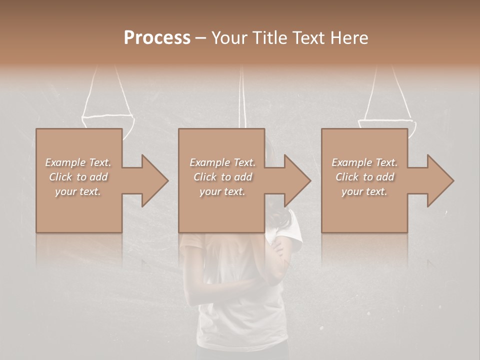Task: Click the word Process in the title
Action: tap(157, 38)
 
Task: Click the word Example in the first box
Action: tap(65, 162)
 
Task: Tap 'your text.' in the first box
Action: tap(78, 191)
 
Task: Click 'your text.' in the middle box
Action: tap(222, 191)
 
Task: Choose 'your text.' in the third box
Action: tap(364, 191)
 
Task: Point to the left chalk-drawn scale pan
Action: tap(108, 120)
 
